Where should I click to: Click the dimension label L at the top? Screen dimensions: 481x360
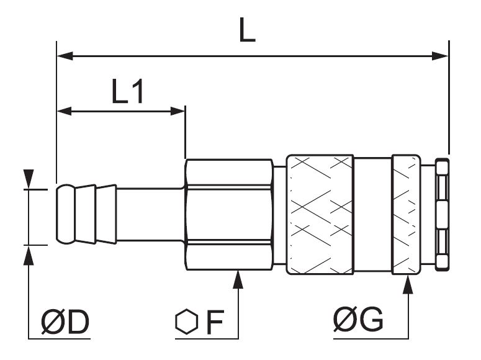[x=247, y=30]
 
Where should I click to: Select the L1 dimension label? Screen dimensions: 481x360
[x=128, y=91]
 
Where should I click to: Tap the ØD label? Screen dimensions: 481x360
[x=65, y=322]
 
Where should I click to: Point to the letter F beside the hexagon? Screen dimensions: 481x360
[x=215, y=322]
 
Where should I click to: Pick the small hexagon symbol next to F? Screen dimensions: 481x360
[x=186, y=322]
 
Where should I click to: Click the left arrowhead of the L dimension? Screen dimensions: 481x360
[x=65, y=56]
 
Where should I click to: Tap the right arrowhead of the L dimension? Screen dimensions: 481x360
[x=440, y=56]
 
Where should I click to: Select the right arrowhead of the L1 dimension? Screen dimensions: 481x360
[x=178, y=111]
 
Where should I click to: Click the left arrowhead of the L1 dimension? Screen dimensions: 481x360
[x=65, y=111]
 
